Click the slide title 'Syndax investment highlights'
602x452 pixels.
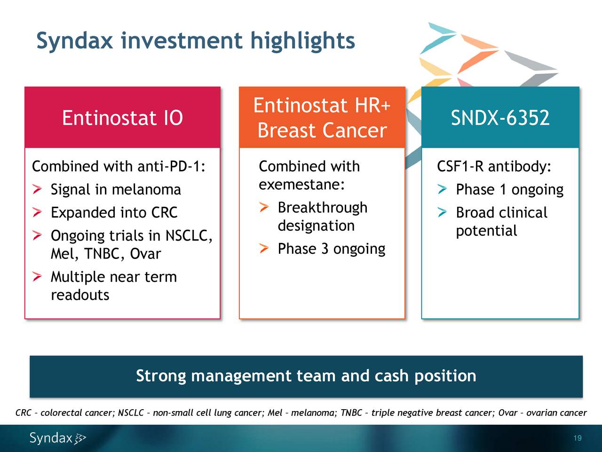195,40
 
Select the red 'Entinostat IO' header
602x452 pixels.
122,118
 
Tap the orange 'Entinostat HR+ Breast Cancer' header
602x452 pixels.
322,118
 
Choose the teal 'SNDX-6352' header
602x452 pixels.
500,118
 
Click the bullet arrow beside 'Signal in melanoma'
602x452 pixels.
37,190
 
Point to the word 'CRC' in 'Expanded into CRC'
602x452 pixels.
164,213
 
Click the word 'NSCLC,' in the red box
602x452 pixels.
188,235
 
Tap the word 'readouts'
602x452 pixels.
80,295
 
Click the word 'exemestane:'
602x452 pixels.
302,185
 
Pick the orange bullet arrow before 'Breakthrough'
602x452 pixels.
264,207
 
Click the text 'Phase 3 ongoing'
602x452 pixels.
331,249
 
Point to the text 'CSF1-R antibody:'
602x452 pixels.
494,167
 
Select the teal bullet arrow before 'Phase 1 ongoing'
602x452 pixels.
442,190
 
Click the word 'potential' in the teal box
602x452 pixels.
486,231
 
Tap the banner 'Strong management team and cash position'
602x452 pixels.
306,376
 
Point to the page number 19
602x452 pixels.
578,438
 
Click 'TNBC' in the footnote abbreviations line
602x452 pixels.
351,413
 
